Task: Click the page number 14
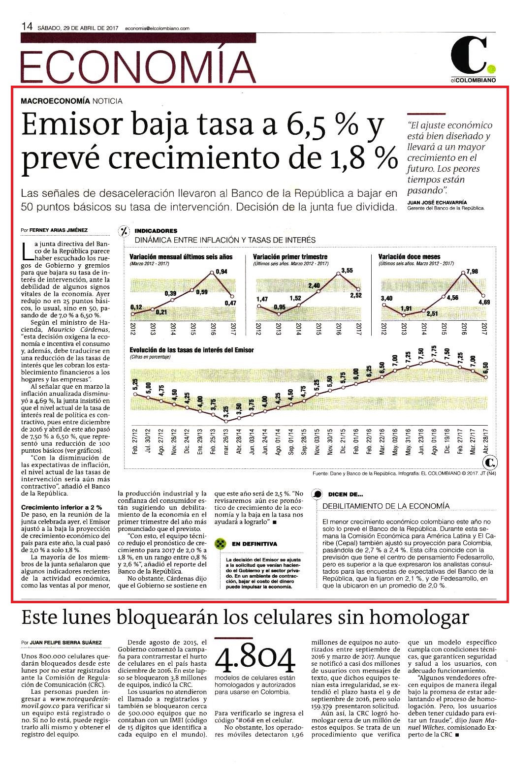[x=27, y=27]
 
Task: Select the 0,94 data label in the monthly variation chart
[x=222, y=272]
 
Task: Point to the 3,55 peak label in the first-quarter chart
[x=347, y=271]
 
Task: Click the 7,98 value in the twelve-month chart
[x=472, y=272]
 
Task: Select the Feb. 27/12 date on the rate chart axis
[x=135, y=441]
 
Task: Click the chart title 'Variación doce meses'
[x=409, y=257]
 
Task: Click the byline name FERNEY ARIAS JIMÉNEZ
[x=59, y=230]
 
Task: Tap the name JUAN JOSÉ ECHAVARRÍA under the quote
[x=437, y=203]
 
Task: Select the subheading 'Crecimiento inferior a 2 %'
[x=62, y=507]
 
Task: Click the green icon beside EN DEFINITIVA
[x=220, y=544]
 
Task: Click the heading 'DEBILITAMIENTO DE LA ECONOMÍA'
[x=386, y=506]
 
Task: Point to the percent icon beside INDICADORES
[x=124, y=231]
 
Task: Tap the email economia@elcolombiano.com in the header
[x=157, y=29]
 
